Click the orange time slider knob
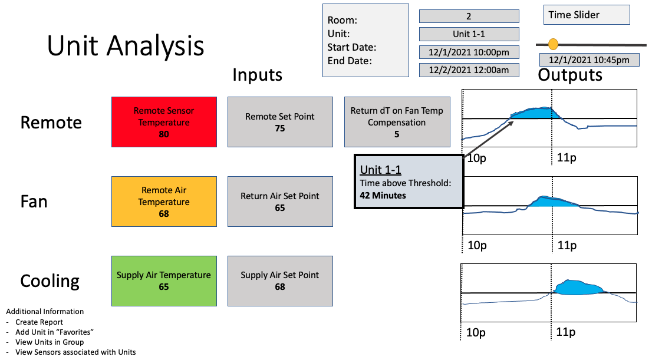point(553,44)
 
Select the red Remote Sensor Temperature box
point(164,122)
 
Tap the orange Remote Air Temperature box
point(164,201)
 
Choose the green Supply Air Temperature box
point(164,280)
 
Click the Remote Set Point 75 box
point(280,122)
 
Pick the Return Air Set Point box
point(280,201)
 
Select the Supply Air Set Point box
point(280,280)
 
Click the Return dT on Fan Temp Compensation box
point(397,122)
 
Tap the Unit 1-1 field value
point(469,34)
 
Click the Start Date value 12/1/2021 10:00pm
point(469,52)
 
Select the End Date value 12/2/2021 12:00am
point(469,70)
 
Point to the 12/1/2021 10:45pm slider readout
point(589,60)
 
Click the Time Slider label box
point(587,15)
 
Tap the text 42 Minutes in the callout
point(383,196)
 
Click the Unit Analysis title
point(126,46)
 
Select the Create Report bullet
point(39,322)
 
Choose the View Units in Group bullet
point(50,342)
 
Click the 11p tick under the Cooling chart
point(566,332)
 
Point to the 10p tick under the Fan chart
point(477,245)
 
